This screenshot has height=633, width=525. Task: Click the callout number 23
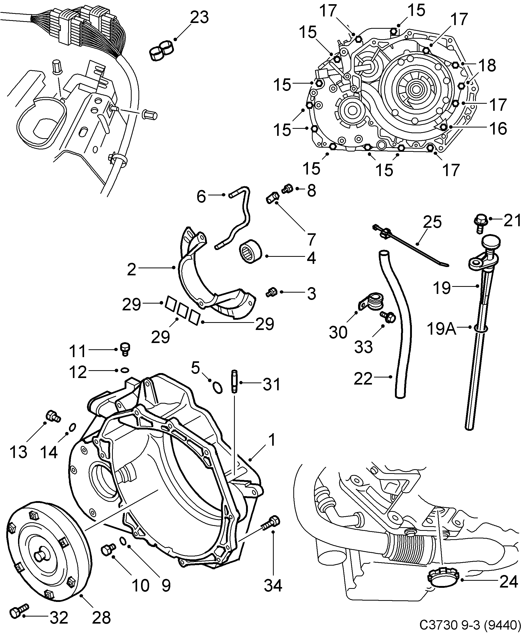point(199,18)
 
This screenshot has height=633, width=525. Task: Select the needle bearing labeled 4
point(251,252)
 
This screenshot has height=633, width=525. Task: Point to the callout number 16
point(498,129)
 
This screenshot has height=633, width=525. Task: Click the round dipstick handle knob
point(491,241)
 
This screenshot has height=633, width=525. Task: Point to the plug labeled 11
point(125,349)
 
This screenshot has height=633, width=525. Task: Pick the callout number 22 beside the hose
point(363,379)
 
